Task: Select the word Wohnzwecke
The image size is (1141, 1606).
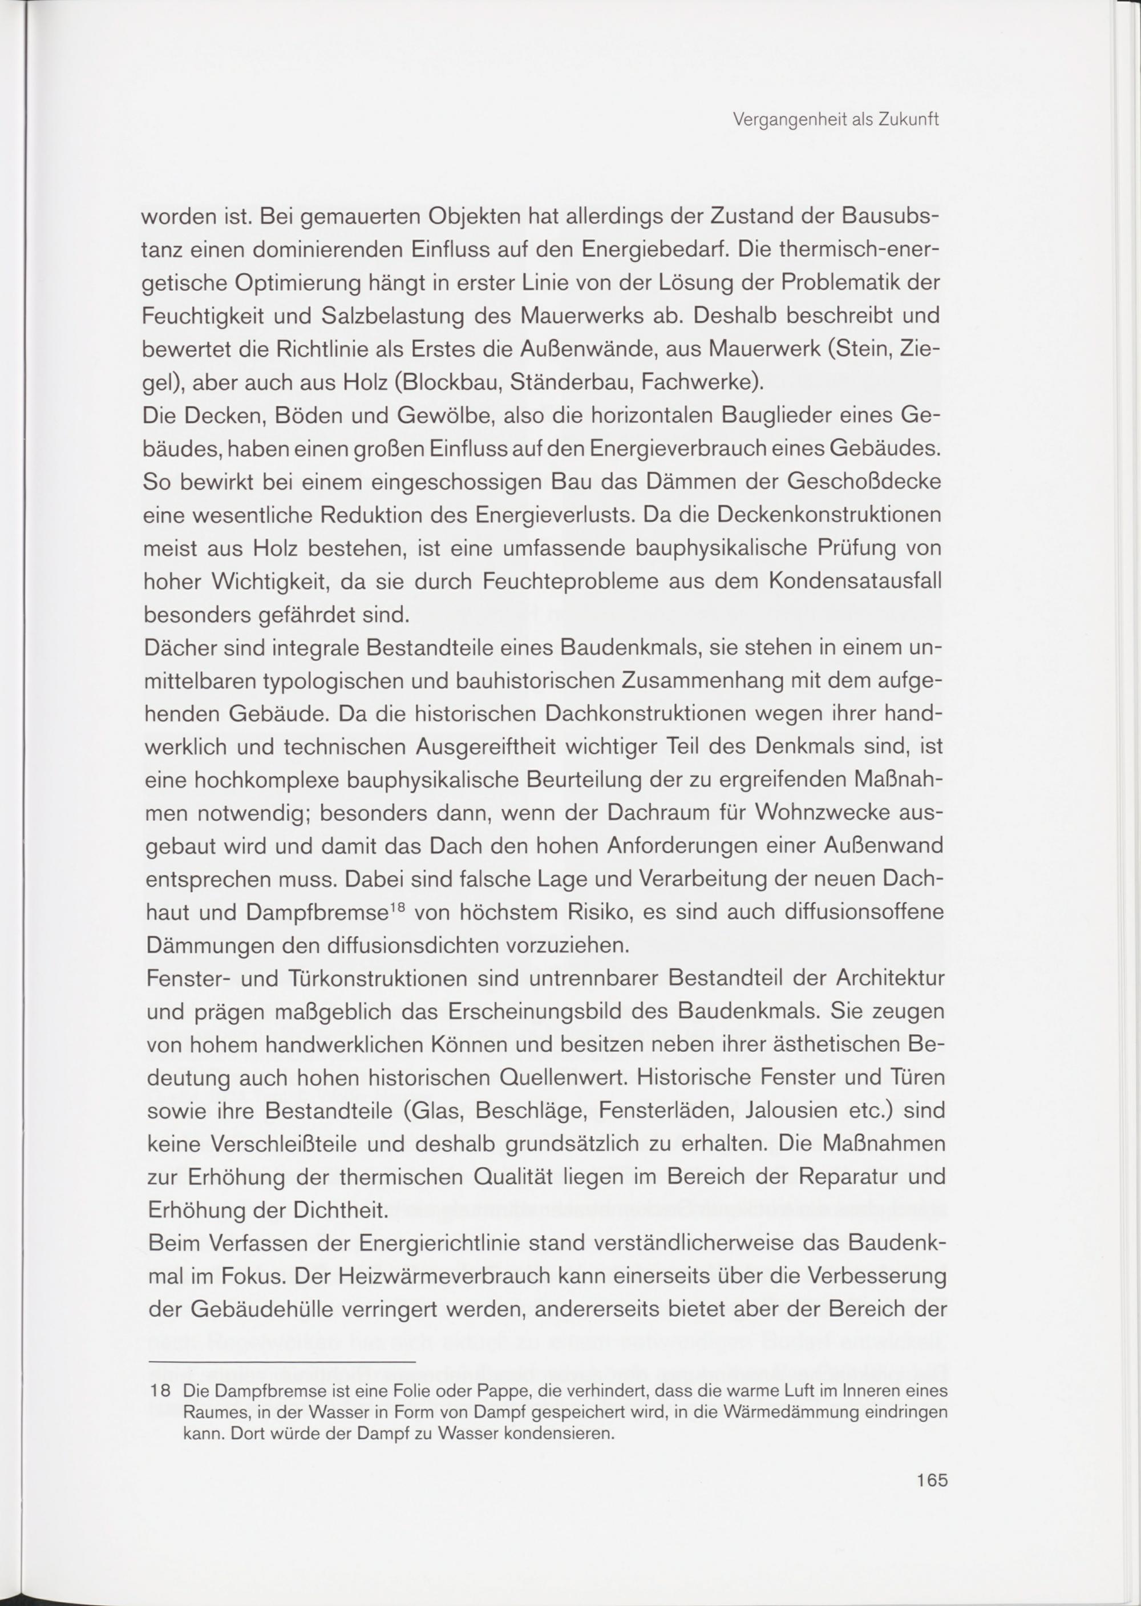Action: click(x=822, y=813)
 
